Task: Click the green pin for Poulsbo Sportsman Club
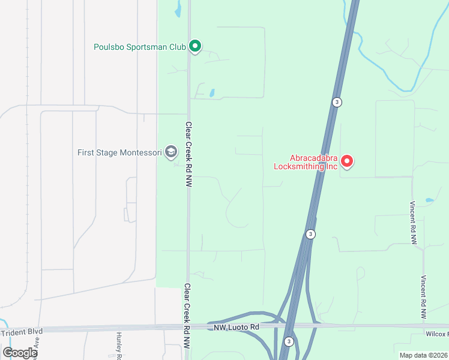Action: (194, 46)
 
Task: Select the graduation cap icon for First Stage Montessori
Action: (171, 152)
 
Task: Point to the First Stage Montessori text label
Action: (119, 152)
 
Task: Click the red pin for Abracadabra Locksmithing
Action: (347, 161)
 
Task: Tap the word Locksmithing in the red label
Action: (306, 166)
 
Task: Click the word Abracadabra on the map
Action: (306, 157)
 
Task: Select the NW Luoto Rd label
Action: (236, 327)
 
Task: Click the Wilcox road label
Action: (438, 334)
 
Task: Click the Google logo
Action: (20, 352)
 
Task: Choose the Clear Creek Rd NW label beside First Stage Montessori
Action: (188, 155)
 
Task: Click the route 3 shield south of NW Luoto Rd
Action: (289, 341)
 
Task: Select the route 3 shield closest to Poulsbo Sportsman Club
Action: (337, 102)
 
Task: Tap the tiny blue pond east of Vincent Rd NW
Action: (429, 200)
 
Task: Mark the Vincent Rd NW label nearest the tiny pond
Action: (414, 222)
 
